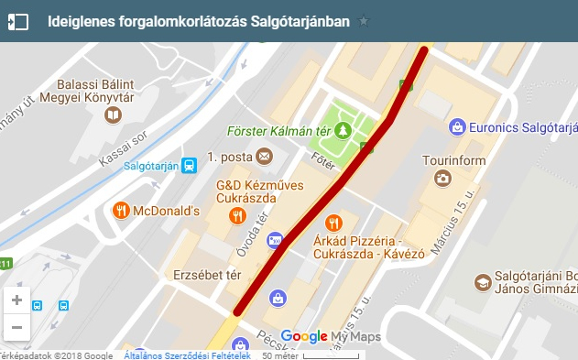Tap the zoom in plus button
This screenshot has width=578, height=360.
coord(16,300)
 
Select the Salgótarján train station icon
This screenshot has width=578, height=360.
coord(189,165)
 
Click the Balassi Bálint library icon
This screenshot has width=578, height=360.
coord(113,115)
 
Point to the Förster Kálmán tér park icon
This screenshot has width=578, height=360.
coord(344,130)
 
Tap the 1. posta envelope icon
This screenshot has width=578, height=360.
coord(265,157)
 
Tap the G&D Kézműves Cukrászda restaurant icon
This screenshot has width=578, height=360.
coord(237,216)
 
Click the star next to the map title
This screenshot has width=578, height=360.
coord(364,21)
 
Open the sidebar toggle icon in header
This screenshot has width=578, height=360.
coord(18,21)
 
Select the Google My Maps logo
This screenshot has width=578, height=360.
coord(330,337)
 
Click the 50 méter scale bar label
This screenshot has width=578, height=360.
coord(278,355)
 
